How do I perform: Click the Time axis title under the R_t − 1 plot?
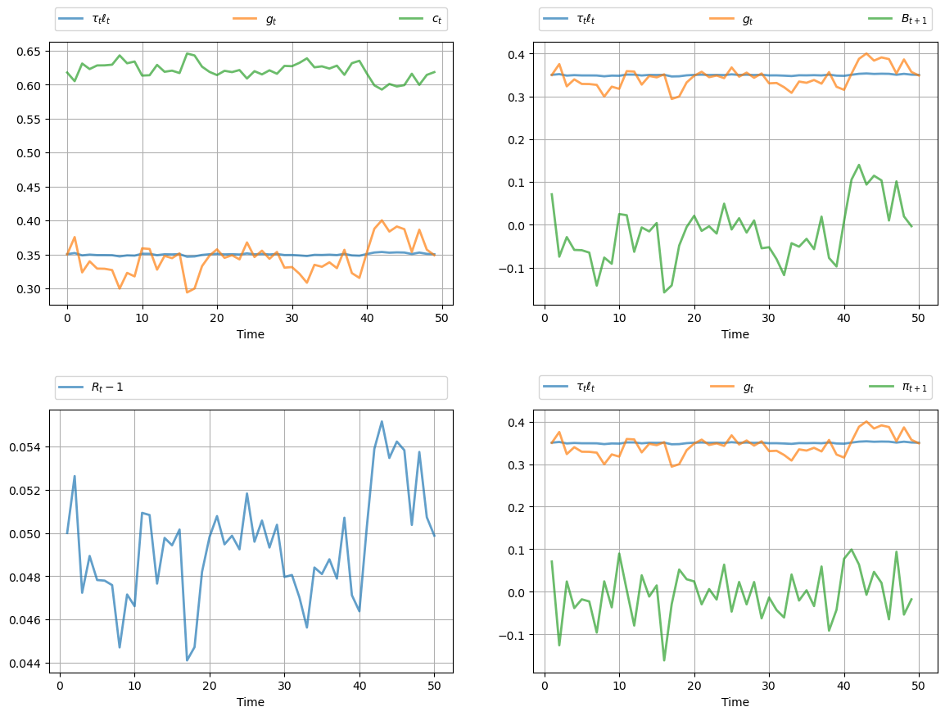(251, 702)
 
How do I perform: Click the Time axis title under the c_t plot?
(251, 334)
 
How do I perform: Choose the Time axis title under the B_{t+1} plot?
(735, 334)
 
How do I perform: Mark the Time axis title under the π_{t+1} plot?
(735, 702)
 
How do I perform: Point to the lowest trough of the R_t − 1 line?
(188, 660)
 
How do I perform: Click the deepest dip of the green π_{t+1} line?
(664, 660)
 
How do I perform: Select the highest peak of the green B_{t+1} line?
(859, 165)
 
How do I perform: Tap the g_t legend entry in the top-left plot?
(271, 19)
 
